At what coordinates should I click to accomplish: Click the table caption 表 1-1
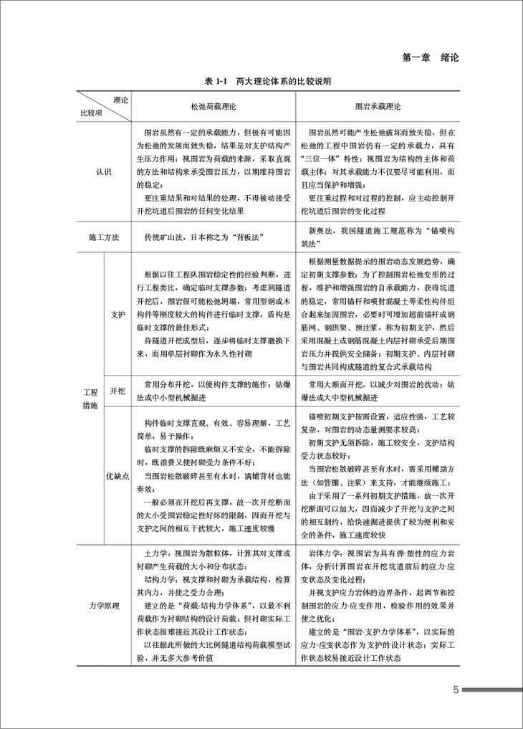216,82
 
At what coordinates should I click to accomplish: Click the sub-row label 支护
117,313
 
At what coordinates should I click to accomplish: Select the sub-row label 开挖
117,391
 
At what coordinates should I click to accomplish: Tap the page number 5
456,691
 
